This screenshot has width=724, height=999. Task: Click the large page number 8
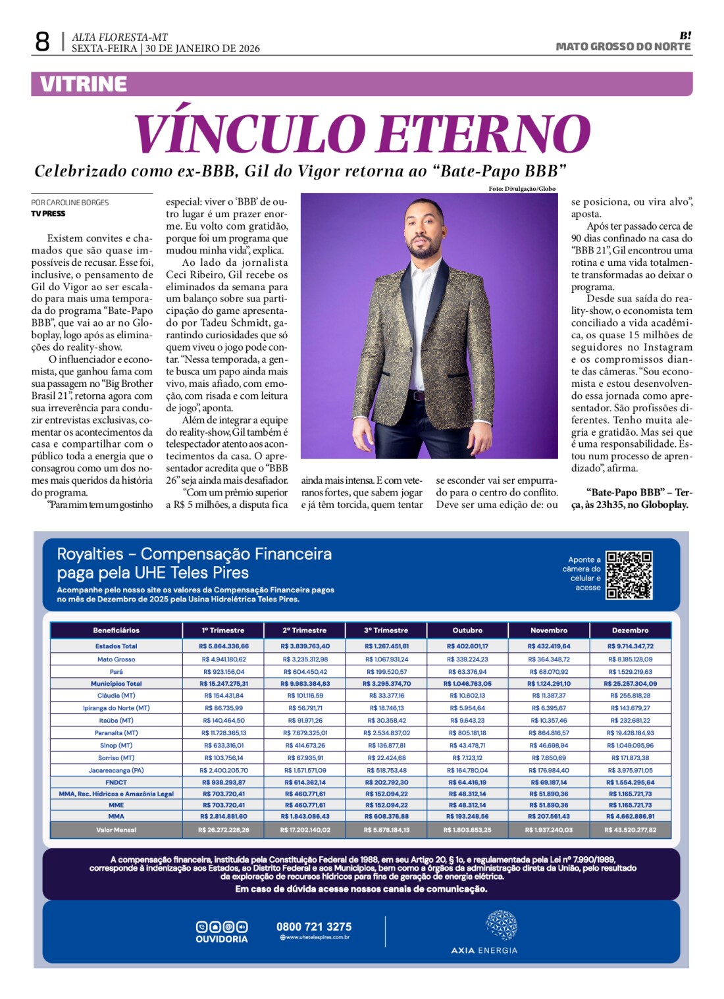[42, 42]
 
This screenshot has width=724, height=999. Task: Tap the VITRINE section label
[84, 84]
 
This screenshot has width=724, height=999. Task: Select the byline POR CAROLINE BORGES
[70, 203]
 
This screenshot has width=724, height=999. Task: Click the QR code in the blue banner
[629, 575]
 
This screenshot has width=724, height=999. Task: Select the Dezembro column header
[630, 630]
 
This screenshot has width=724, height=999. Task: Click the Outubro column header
[467, 630]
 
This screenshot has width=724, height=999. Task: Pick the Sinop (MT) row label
[116, 746]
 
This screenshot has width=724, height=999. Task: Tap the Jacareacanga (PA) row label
[116, 770]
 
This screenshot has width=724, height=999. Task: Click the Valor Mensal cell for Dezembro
[630, 830]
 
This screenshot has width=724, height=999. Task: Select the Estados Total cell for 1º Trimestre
[224, 646]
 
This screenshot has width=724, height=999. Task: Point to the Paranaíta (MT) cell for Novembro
[549, 733]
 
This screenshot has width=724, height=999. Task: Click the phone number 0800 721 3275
[314, 927]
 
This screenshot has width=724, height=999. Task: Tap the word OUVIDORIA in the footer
[222, 939]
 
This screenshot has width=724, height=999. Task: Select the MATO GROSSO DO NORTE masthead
[623, 47]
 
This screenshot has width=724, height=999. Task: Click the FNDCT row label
[116, 782]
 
